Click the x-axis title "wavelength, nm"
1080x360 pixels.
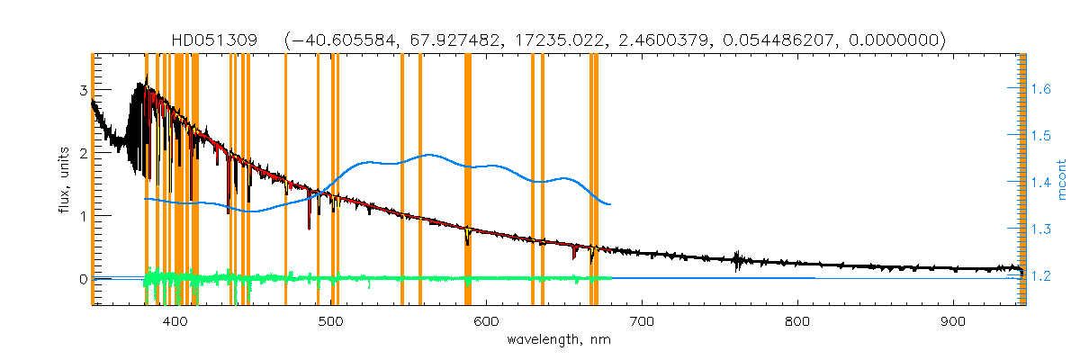point(558,339)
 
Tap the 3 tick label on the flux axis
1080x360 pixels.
point(83,90)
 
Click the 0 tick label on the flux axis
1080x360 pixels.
point(83,279)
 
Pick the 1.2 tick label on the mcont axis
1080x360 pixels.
point(1041,276)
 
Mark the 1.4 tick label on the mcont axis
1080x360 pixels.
point(1041,183)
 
